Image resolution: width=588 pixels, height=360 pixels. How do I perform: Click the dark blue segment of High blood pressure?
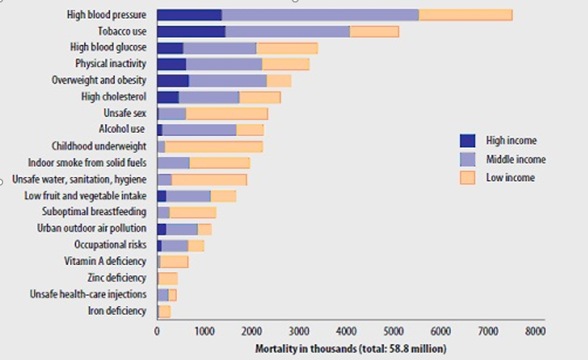[x=189, y=15]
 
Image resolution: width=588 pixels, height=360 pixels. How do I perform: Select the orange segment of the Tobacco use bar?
[x=374, y=32]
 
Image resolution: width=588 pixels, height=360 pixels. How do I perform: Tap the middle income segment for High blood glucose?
[x=220, y=48]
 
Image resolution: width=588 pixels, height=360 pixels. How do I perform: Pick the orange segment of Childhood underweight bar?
[x=214, y=146]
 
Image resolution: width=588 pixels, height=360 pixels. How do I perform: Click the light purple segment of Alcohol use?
[x=199, y=130]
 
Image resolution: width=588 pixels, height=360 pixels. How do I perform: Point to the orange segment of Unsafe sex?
[x=227, y=114]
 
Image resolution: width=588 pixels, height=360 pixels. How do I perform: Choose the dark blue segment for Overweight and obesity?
[x=173, y=81]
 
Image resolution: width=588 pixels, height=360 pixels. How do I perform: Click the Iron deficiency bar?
[x=165, y=311]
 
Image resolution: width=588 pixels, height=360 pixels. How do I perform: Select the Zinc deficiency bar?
[x=168, y=279]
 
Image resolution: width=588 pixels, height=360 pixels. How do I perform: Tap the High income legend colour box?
[x=468, y=141]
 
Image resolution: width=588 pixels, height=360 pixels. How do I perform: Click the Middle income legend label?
[x=516, y=160]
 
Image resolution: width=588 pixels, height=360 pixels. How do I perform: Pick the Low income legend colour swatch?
[x=468, y=178]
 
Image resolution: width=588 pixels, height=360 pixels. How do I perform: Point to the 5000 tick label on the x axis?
[x=393, y=331]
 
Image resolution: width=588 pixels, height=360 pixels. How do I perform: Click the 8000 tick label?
[x=535, y=331]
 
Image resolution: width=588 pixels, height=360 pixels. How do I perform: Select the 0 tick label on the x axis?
[x=157, y=331]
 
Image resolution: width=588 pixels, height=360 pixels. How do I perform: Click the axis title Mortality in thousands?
[x=305, y=349]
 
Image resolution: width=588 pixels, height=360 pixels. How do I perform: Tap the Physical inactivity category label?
[x=111, y=64]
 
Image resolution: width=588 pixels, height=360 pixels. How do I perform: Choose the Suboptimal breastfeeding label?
[x=94, y=212]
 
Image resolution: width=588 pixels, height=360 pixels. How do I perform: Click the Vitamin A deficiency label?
[x=105, y=261]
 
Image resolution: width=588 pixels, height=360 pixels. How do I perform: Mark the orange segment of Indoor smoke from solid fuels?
[x=220, y=163]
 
